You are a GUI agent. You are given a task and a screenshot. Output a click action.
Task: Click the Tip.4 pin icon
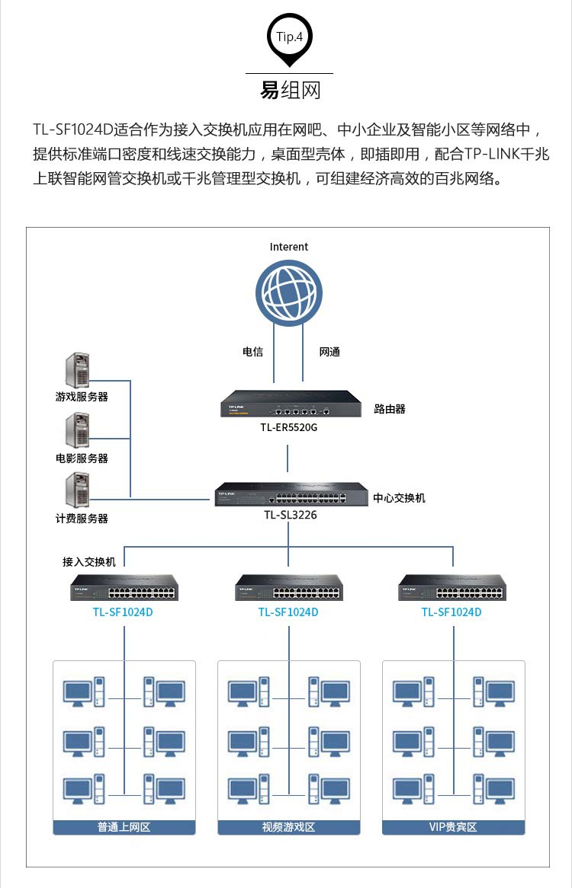289,39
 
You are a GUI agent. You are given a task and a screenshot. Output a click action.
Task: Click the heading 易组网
290,90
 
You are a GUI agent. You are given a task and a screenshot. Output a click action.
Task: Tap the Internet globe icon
289,292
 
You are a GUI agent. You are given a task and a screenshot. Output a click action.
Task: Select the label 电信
252,351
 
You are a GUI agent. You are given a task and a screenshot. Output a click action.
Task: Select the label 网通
329,351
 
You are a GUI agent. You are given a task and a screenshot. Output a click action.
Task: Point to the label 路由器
390,409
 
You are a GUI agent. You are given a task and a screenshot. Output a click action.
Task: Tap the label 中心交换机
399,498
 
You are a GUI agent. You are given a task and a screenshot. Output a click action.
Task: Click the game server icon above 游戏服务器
78,371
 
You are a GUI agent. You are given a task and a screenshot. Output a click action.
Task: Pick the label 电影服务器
82,458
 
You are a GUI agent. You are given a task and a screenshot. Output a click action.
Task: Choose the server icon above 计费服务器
78,490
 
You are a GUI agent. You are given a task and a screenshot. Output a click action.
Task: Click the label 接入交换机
89,561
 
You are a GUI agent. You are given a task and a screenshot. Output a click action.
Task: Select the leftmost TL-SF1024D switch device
124,587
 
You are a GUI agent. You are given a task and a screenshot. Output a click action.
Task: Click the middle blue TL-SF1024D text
288,612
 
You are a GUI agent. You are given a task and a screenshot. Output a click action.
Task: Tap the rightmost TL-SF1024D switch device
452,587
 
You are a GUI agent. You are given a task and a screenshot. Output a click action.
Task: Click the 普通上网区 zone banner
124,826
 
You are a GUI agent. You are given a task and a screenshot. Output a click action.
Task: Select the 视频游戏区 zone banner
288,826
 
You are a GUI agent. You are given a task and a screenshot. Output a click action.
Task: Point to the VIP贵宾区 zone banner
453,826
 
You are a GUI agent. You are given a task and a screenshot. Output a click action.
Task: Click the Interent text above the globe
289,247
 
